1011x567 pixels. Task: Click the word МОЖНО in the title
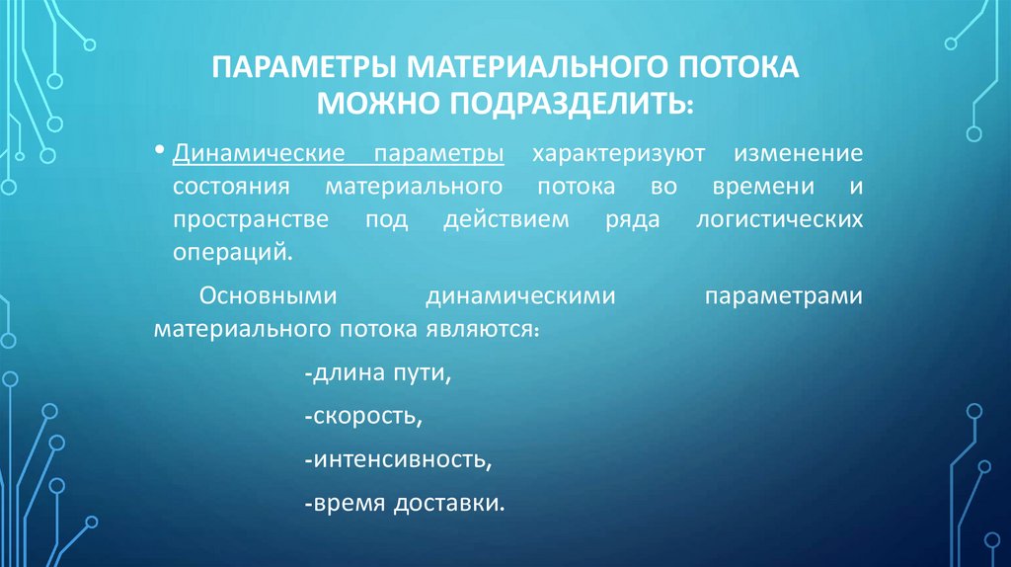[x=378, y=103]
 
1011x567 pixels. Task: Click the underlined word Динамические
[x=257, y=155]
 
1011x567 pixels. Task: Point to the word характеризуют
[x=616, y=155]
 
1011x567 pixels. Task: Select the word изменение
[x=797, y=155]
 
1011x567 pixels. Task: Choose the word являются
[x=483, y=327]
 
